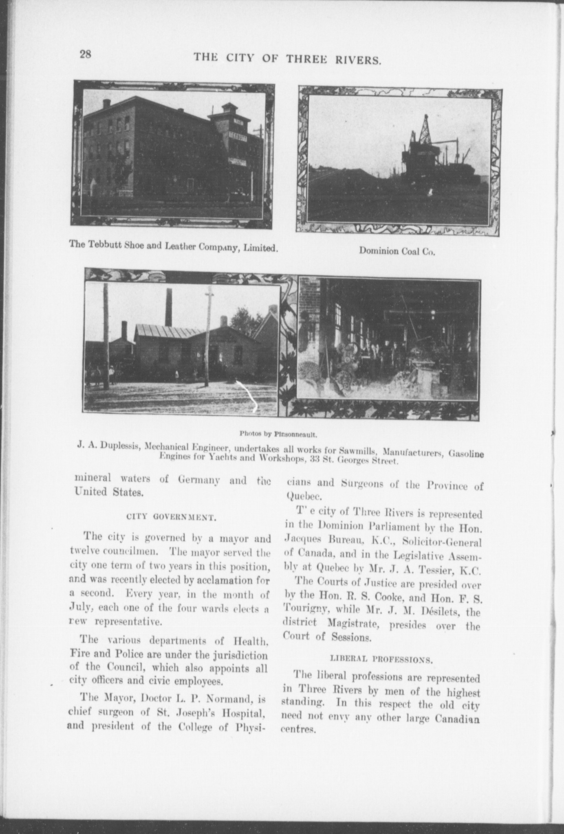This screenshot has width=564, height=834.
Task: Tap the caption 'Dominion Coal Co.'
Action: click(397, 251)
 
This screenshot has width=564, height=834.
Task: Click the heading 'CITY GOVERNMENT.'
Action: click(171, 518)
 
